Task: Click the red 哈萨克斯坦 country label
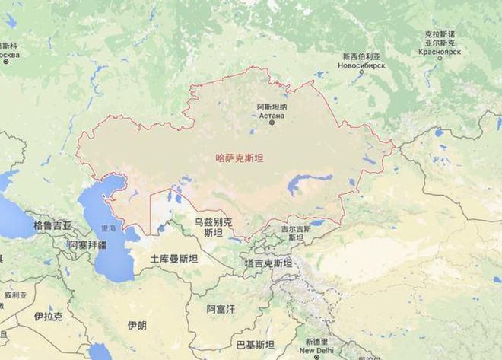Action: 240,158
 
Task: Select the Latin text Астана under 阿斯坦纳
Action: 272,115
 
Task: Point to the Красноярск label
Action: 439,53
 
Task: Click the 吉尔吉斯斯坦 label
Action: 295,228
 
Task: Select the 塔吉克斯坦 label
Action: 268,262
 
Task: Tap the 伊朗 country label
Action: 137,325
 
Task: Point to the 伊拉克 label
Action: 48,316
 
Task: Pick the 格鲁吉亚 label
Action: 52,226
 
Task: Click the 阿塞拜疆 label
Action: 87,245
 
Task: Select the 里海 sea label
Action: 110,228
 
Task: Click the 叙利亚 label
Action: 14,294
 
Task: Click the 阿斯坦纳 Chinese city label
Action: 272,107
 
